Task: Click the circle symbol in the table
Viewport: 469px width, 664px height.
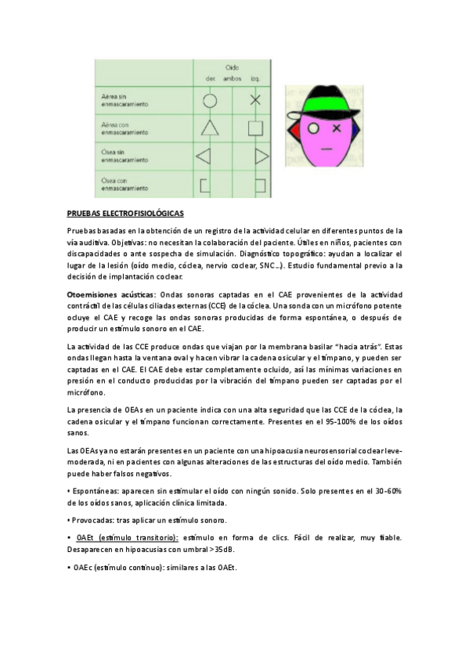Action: click(x=210, y=99)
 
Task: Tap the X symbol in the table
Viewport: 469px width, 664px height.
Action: click(x=254, y=99)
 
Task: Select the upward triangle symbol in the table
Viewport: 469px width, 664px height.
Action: click(x=209, y=128)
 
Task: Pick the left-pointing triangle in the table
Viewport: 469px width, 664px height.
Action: click(x=204, y=156)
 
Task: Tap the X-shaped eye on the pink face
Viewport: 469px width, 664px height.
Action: click(x=337, y=127)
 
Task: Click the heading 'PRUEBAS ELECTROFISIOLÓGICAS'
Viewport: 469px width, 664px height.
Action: click(x=125, y=213)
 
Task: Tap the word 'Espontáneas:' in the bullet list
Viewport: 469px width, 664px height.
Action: click(x=96, y=489)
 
